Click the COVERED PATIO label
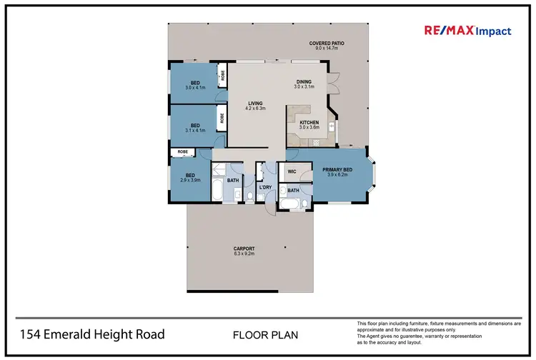tap(327, 44)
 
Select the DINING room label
tap(304, 82)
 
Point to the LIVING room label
tap(255, 103)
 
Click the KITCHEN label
tap(309, 123)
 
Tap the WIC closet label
tap(292, 171)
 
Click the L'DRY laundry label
tap(265, 187)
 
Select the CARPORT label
tap(244, 249)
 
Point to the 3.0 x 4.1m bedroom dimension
tap(195, 88)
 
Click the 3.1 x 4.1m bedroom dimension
tap(195, 131)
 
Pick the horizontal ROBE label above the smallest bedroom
tap(183, 152)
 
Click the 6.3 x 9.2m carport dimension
tap(244, 254)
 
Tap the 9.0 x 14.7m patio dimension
tap(327, 49)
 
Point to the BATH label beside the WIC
tap(293, 191)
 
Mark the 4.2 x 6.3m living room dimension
tap(255, 109)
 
